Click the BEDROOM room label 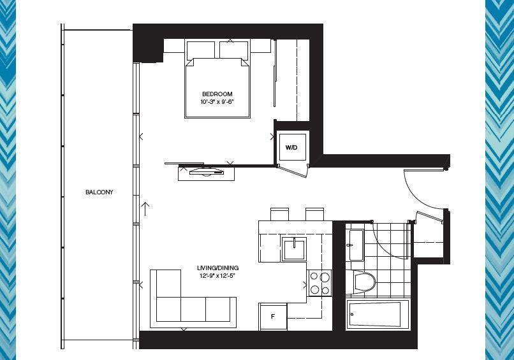tap(217, 94)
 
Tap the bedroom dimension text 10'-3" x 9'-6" tap(217, 102)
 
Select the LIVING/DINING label tap(217, 268)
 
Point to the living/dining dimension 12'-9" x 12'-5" tap(217, 276)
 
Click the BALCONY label tap(99, 192)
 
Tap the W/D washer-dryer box tap(291, 147)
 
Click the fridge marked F tap(273, 317)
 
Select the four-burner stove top tap(319, 283)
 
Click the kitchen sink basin tap(294, 249)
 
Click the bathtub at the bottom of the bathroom tap(378, 314)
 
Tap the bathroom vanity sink tap(356, 245)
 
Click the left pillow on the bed tap(201, 50)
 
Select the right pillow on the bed tap(234, 50)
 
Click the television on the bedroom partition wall tap(206, 171)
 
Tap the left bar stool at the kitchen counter tap(279, 214)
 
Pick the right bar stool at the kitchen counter tap(314, 214)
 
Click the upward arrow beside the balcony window tap(145, 208)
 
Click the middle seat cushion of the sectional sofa tap(193, 309)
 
